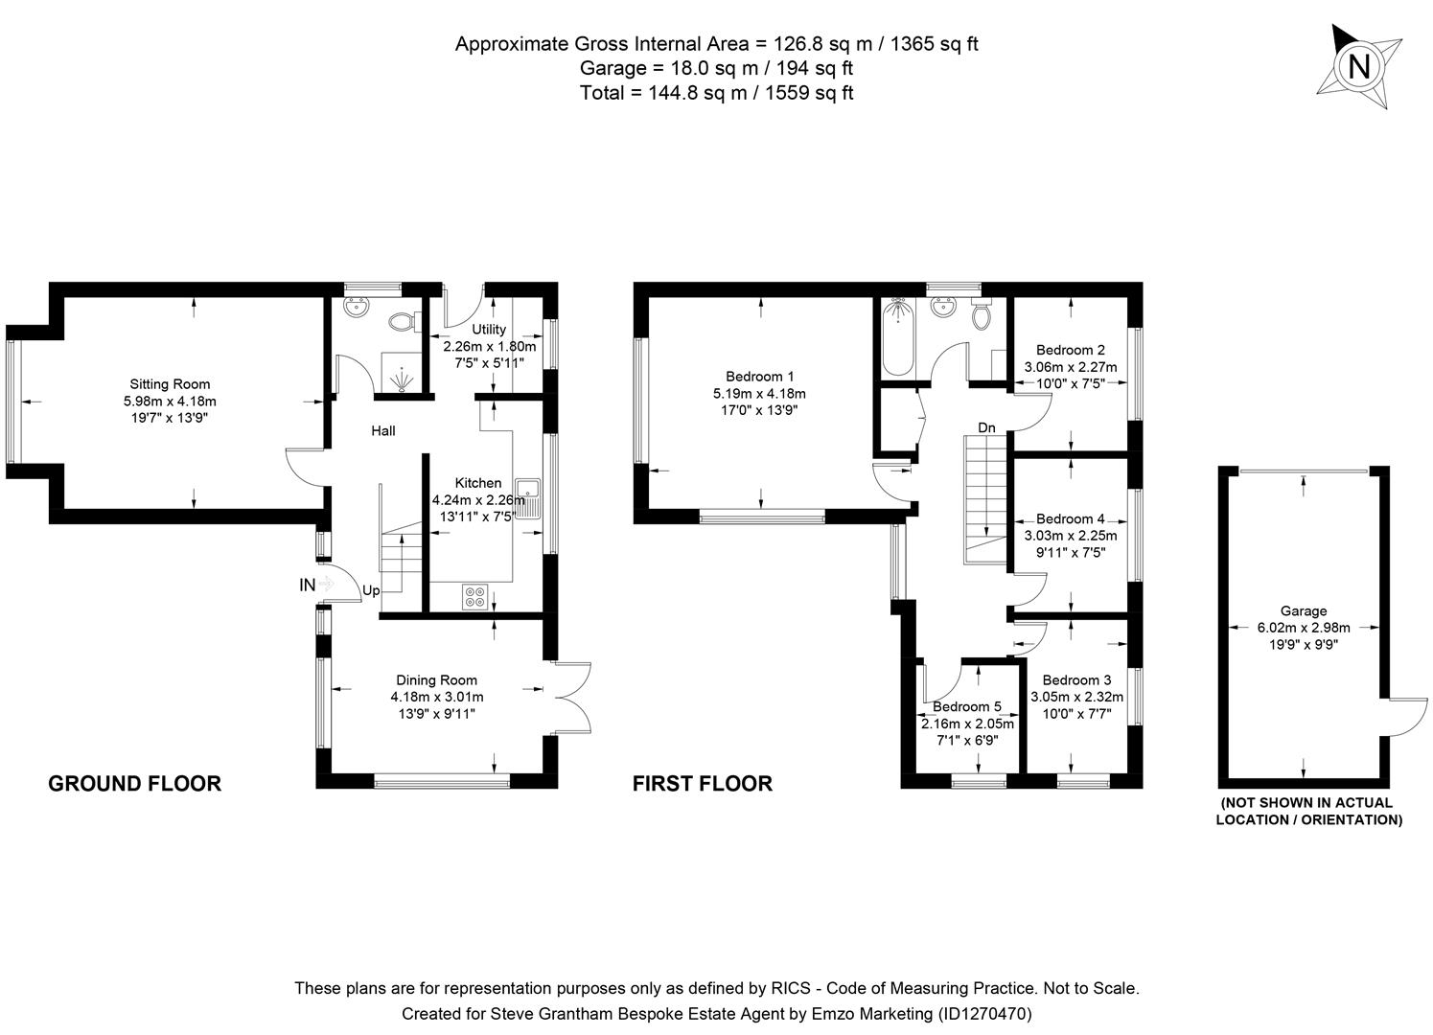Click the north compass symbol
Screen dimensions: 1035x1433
coord(1357,66)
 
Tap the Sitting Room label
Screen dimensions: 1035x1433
coord(170,384)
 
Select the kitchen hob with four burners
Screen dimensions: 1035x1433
coord(474,596)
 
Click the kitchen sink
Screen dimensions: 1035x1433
coord(528,499)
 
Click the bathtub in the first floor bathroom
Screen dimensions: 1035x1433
coord(898,340)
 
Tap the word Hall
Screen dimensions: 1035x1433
coord(383,431)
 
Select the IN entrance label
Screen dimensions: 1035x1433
coord(307,585)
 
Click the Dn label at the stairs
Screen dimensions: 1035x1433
coord(986,427)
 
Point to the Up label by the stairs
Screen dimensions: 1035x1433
coord(371,591)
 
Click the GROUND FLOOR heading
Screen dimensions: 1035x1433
coord(134,784)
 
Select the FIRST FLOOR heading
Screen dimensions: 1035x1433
coord(702,784)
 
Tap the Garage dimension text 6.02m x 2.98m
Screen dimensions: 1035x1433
coord(1303,628)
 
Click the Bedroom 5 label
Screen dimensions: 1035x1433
coord(966,707)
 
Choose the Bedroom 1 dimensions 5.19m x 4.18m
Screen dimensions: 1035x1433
coord(759,393)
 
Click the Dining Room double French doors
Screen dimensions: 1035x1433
coord(572,698)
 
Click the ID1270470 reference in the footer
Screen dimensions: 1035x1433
coord(986,1013)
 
